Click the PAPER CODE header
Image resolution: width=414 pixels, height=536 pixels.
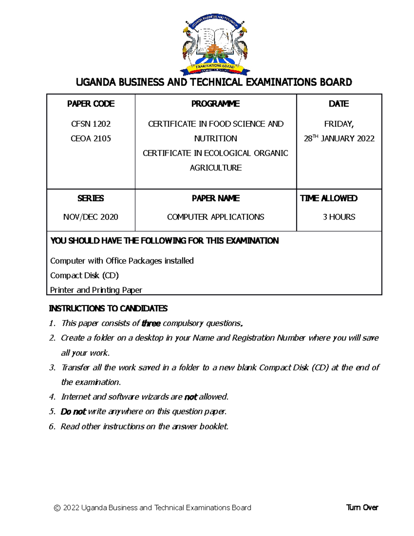point(91,104)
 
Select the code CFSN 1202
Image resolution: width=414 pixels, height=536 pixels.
point(91,124)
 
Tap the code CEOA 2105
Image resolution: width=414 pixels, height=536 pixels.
point(91,139)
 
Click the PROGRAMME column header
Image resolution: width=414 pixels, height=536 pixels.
point(215,104)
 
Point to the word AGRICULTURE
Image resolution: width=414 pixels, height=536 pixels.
point(216,168)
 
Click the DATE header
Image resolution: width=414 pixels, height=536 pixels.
point(338,104)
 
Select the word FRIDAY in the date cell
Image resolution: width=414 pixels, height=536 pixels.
point(338,124)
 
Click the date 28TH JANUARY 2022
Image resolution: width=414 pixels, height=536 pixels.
point(339,139)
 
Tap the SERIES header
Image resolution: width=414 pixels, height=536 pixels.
point(91,198)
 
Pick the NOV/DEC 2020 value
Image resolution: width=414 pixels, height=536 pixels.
point(91,217)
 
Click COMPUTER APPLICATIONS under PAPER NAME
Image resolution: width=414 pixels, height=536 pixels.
point(216,217)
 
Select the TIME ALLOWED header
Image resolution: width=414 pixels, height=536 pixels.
point(328,198)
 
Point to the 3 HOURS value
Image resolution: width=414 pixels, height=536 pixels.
point(339,217)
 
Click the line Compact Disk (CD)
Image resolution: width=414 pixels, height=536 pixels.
point(85,275)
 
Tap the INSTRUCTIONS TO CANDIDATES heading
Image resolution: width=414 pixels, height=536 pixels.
point(108,308)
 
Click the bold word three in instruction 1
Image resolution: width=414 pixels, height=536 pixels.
point(151,323)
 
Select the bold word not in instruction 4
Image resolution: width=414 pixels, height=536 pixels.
point(190,397)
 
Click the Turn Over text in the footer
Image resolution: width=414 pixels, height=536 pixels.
point(362,508)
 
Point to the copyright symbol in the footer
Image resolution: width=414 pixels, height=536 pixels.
point(57,508)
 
